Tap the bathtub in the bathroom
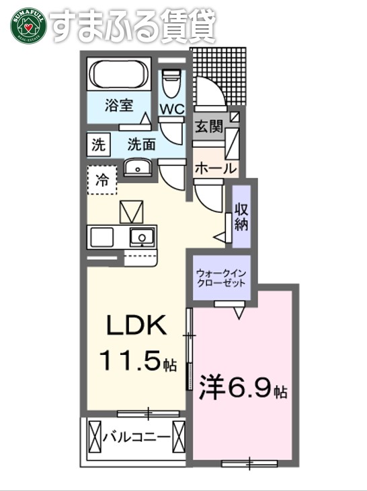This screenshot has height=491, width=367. pos(120,75)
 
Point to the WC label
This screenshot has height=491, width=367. pos(171,108)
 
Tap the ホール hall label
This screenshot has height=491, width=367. pos(214,168)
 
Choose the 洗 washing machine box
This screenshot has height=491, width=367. pos(98,143)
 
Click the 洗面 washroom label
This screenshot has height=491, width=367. pos(141,143)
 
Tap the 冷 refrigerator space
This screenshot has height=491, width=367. pos(101,180)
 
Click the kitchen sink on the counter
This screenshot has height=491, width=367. pos(142,236)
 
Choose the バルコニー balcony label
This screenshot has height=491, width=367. pos(136,437)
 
